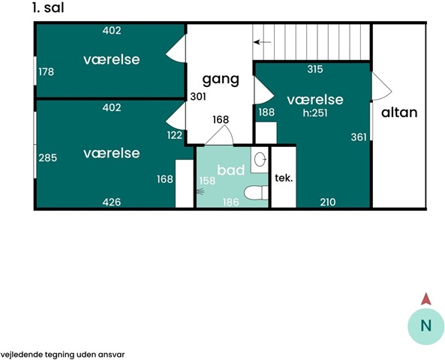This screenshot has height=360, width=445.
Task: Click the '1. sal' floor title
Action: coord(48,7)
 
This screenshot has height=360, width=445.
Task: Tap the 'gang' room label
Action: coord(221,79)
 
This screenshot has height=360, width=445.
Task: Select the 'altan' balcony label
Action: coord(399,112)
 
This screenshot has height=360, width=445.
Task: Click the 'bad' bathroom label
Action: coord(231,170)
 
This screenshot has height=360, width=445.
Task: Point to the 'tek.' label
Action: coord(284,178)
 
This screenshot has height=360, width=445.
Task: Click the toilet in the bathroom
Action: coord(256,193)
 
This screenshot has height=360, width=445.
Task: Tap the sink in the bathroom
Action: coord(260,160)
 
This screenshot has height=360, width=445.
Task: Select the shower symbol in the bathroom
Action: coord(200,191)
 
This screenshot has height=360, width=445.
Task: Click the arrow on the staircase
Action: coord(262,42)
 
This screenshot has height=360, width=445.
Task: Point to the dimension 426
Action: coord(112,202)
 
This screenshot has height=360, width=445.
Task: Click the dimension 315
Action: coord(315,69)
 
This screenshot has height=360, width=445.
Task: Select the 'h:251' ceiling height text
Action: coord(315,113)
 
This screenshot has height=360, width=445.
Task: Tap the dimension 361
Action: coord(359,137)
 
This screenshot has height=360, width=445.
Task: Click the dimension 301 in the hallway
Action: coord(198,97)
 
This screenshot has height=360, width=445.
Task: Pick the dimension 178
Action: coord(47,72)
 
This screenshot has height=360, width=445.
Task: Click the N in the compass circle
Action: coord(425,325)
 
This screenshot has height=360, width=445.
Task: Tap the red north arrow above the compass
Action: coord(426,299)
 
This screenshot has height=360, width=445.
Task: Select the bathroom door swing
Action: coord(219,136)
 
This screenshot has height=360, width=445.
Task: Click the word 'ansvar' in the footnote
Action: coord(113,355)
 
